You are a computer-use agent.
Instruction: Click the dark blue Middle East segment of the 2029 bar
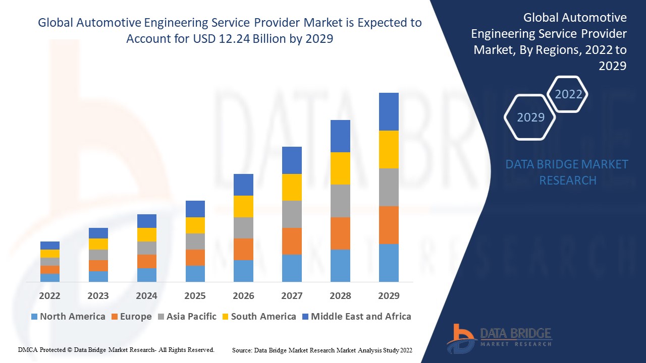pos(389,111)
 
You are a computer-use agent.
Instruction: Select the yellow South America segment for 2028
pos(340,168)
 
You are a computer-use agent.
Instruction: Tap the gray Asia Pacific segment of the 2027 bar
pos(292,214)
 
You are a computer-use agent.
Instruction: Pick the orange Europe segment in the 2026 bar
pos(243,249)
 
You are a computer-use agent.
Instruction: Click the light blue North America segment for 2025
pos(195,273)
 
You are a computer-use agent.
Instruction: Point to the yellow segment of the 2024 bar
pos(147,234)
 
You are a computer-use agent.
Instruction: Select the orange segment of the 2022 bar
pos(50,269)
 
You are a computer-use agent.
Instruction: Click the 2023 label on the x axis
pos(98,295)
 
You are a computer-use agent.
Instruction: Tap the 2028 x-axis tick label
pos(340,295)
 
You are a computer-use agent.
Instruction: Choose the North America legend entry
pos(68,317)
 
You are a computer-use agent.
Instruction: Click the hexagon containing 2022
pos(568,94)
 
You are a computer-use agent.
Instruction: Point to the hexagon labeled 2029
pos(530,117)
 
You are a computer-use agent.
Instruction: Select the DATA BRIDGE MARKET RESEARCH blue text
pos(567,172)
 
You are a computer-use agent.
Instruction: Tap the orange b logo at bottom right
pos(460,338)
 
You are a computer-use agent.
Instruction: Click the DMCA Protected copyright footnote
pos(116,349)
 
